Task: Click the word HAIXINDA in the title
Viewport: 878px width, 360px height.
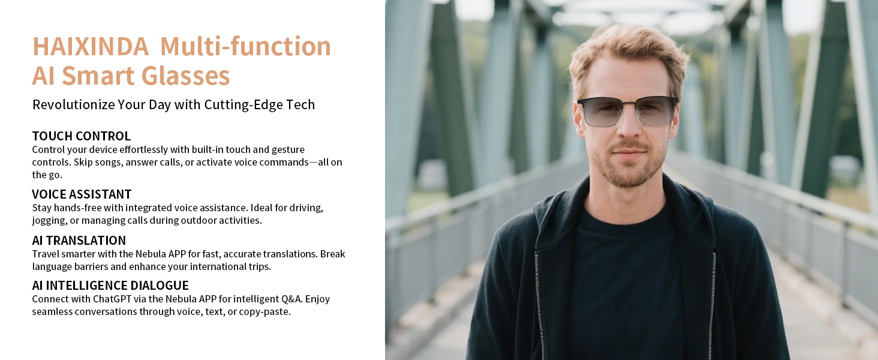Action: pos(90,47)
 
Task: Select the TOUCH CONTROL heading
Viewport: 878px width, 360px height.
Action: pos(81,136)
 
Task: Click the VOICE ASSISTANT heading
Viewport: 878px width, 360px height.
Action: pos(82,194)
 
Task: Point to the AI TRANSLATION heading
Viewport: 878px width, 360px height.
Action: pos(79,241)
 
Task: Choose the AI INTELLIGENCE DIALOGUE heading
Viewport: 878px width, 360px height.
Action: pos(110,286)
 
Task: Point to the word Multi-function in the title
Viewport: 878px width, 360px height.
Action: pos(245,47)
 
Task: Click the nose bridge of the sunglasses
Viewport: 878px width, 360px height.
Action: pos(627,103)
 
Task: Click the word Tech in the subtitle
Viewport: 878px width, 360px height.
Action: pos(301,104)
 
